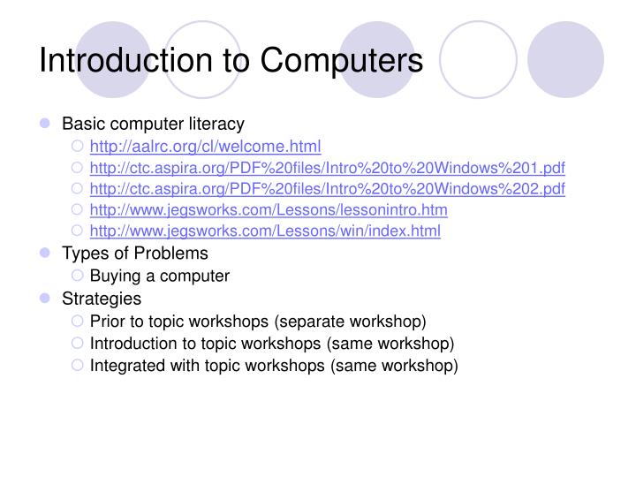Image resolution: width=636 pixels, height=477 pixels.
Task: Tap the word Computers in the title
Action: point(341,60)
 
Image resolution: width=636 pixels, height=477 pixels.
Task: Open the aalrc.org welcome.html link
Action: point(206,146)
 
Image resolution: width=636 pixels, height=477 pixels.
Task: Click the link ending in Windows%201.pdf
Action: point(328,168)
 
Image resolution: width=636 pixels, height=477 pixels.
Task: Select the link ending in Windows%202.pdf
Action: point(328,189)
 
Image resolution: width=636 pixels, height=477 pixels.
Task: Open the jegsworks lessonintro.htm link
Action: point(269,210)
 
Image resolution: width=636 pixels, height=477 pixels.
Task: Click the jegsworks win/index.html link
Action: point(265,231)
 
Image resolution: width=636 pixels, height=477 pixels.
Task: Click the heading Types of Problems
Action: point(135,254)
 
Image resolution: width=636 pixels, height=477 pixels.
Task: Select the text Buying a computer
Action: point(160,276)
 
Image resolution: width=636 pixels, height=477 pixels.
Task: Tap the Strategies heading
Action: point(102,298)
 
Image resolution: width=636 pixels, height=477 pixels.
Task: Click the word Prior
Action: point(106,320)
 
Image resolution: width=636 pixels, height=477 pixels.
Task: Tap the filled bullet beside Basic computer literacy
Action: point(45,125)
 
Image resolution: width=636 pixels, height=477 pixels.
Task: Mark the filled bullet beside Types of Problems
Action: point(45,254)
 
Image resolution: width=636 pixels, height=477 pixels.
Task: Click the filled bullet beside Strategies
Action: point(45,299)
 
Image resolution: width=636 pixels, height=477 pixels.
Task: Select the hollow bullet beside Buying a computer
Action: point(77,276)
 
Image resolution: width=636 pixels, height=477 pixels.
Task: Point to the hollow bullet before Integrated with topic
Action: point(77,365)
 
